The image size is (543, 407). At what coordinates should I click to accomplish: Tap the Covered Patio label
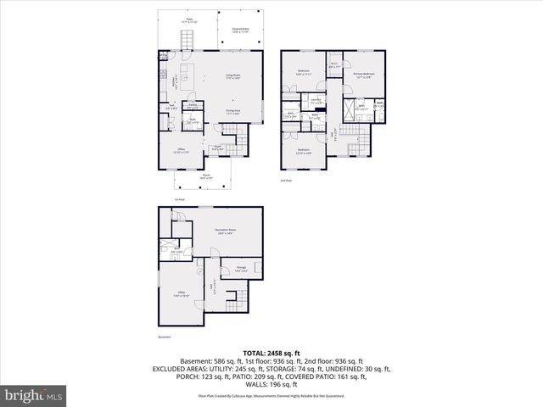click(241, 30)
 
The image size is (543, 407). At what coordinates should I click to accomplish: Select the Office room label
click(181, 150)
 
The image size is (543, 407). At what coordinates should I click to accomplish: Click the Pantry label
click(193, 106)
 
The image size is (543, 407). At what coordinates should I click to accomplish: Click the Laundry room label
click(316, 101)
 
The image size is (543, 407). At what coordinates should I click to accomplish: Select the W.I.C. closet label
click(335, 64)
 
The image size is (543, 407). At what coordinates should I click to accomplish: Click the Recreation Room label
click(225, 231)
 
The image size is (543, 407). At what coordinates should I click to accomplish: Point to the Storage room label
click(241, 269)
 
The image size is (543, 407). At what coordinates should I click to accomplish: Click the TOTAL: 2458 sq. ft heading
click(271, 353)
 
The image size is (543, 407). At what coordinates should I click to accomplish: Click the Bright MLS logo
click(34, 395)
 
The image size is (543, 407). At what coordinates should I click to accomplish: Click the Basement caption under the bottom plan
click(165, 337)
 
